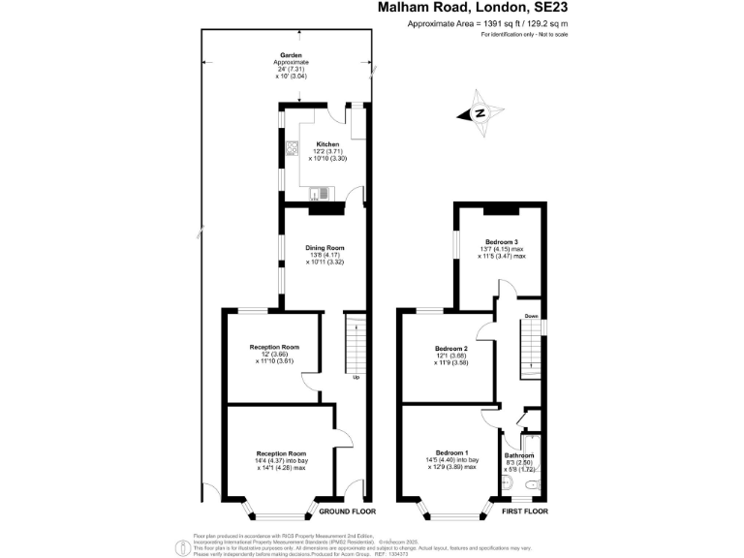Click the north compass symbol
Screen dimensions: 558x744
pos(480,113)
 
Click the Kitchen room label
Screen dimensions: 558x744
pos(326,143)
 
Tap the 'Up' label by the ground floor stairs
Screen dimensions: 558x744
pos(356,377)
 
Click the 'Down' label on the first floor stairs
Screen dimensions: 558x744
pos(531,316)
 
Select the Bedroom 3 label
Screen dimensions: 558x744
pos(502,241)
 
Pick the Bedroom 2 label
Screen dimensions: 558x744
pos(451,349)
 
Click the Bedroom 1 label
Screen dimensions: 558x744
pos(451,453)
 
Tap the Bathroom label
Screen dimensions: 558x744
pos(519,455)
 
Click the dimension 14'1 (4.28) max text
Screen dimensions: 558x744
pos(281,467)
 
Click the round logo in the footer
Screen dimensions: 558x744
pos(181,547)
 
